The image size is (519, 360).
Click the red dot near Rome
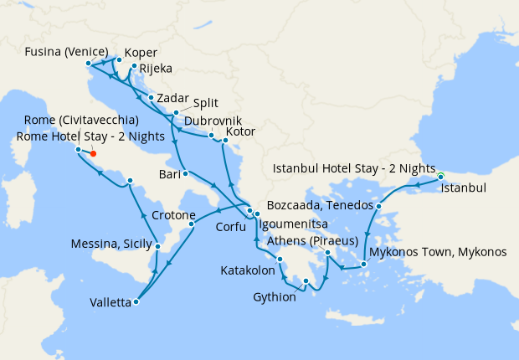tap(93, 153)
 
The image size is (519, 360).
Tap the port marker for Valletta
tap(136, 302)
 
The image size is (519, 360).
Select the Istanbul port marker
tap(440, 177)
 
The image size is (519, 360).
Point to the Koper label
tap(141, 51)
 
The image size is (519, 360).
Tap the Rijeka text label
tap(155, 69)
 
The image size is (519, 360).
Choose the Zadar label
tap(172, 97)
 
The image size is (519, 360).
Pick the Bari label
tap(170, 174)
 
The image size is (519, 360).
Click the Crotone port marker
tap(192, 224)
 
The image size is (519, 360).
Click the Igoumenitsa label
tap(300, 226)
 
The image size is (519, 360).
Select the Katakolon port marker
tap(280, 259)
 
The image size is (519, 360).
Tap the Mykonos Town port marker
tap(365, 265)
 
